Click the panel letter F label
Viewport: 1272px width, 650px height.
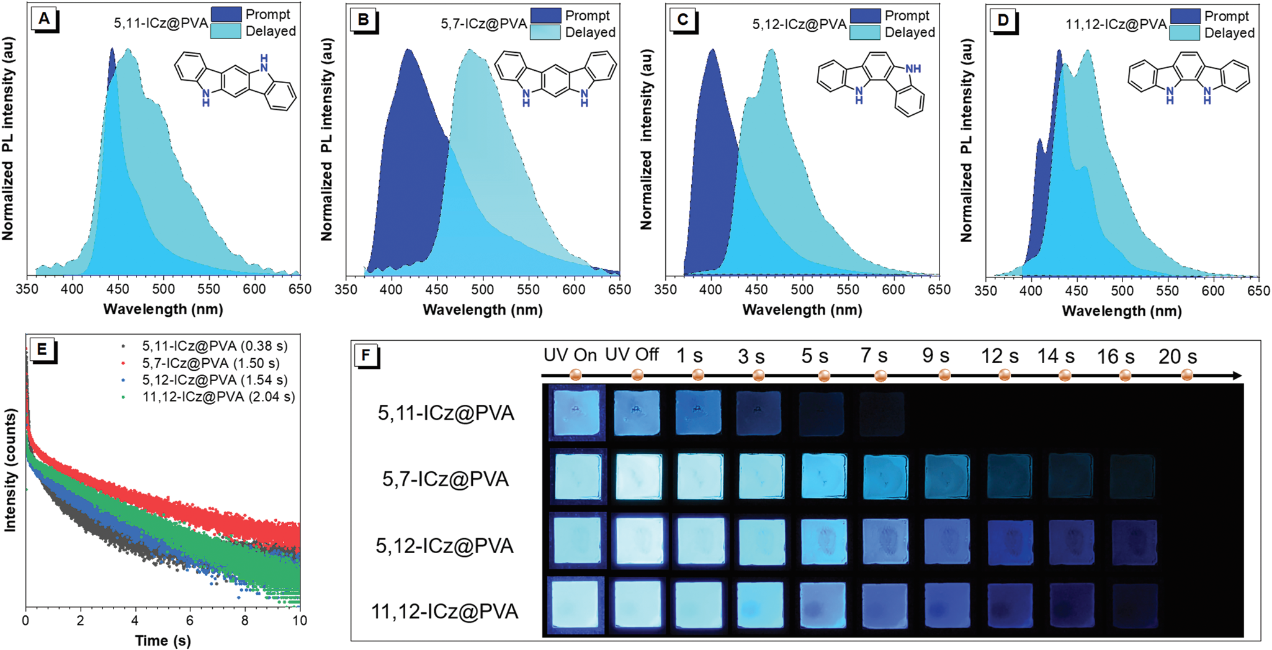(x=366, y=356)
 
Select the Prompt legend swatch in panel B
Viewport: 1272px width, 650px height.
(x=545, y=16)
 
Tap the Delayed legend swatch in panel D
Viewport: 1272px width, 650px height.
(x=1185, y=33)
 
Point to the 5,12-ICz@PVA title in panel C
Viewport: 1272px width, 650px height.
(x=799, y=24)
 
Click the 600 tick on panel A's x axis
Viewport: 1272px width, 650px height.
(x=254, y=289)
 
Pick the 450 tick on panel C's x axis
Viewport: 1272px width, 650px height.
(x=756, y=290)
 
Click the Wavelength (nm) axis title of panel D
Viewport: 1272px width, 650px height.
(x=1122, y=310)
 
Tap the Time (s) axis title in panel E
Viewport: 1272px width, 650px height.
(x=162, y=640)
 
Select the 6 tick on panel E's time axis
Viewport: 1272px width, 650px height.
(x=190, y=620)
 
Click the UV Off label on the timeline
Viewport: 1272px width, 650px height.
(x=632, y=355)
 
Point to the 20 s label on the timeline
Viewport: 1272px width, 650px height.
(x=1178, y=357)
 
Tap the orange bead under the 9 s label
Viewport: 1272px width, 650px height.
(x=944, y=375)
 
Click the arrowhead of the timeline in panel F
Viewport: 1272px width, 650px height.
(x=1237, y=376)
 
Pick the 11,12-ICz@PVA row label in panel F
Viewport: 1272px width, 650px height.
(x=444, y=612)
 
